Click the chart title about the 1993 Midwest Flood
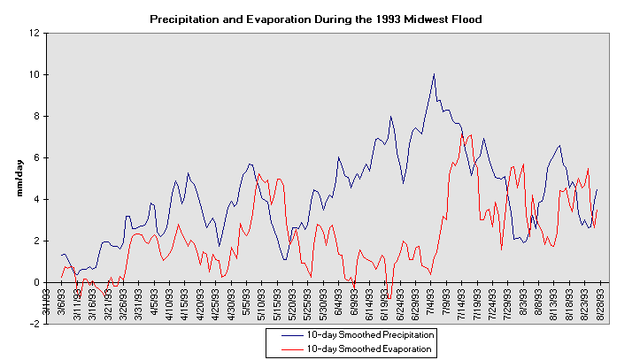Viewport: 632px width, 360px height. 315,18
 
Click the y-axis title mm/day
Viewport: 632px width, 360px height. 18,177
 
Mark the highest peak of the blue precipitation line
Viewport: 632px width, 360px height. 434,73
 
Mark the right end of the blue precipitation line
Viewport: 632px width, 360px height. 597,189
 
